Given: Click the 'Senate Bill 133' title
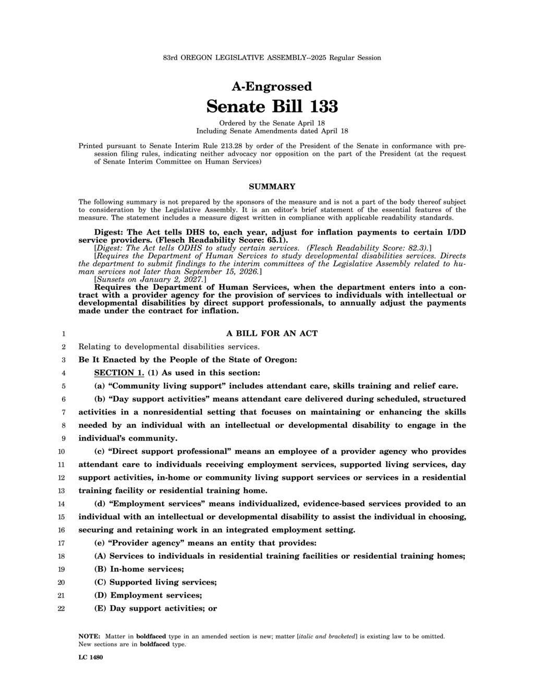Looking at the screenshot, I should click(x=272, y=106).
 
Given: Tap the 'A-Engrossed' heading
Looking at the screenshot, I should click(x=272, y=87).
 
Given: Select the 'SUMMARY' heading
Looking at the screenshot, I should click(x=272, y=187).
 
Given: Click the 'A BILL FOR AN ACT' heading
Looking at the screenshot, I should click(x=272, y=333).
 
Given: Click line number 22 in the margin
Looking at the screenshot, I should click(x=61, y=609).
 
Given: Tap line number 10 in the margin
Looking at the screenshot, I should click(x=61, y=452).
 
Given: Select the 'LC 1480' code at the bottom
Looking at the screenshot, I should click(x=91, y=657).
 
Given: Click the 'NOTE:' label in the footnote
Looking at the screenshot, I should click(x=89, y=636).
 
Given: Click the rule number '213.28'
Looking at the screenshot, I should click(x=232, y=146).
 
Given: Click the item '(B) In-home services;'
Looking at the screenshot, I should click(x=139, y=569).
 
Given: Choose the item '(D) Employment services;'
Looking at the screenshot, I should click(x=148, y=595).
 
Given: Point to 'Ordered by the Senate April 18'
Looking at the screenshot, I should click(x=272, y=123).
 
